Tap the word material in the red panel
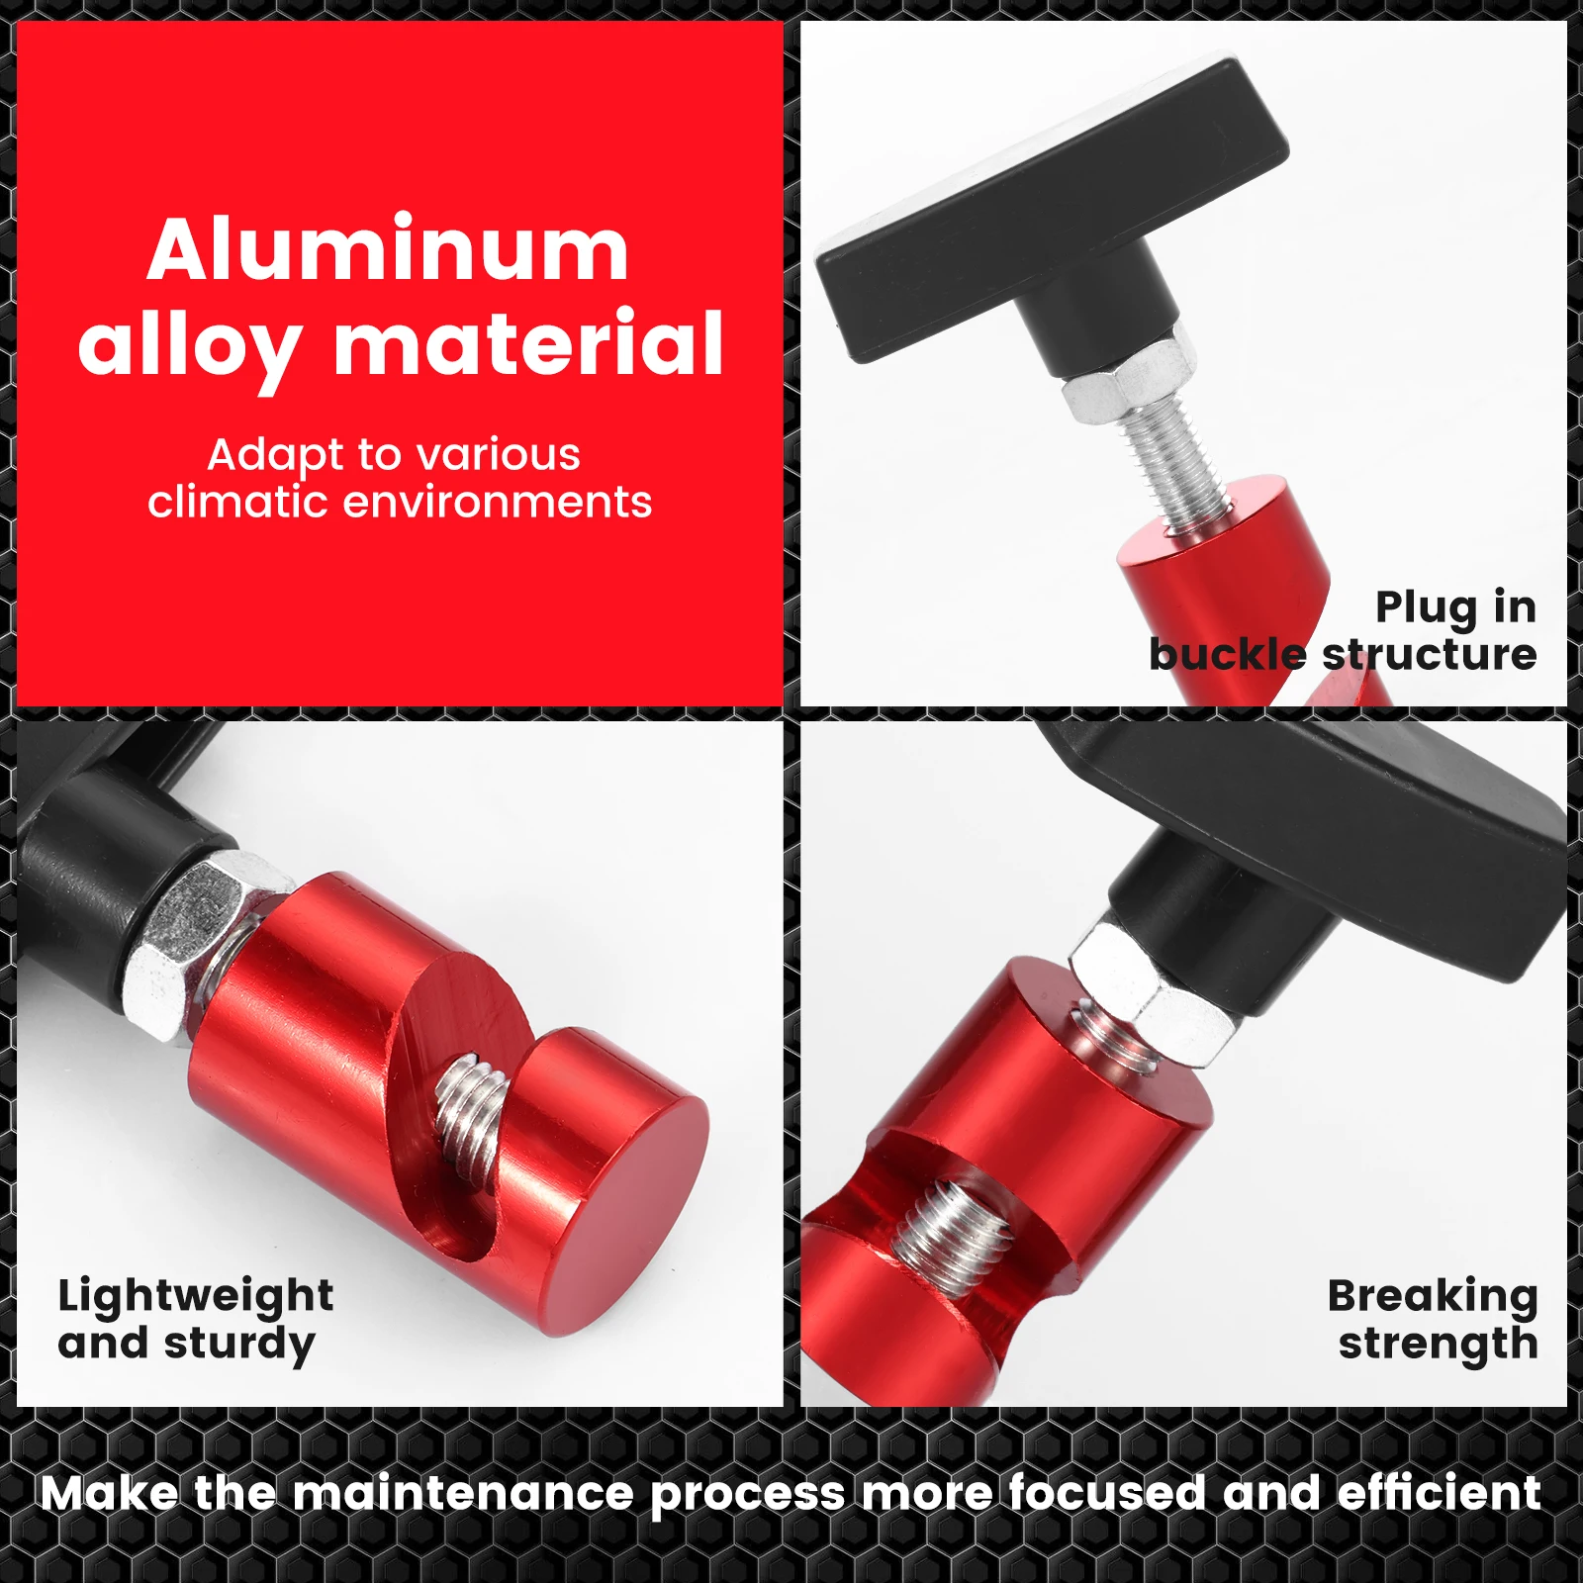[x=528, y=344]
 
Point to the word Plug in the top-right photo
[x=1426, y=607]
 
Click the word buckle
[x=1227, y=655]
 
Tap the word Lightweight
[x=196, y=1295]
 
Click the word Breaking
[x=1433, y=1295]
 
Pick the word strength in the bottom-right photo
[x=1438, y=1344]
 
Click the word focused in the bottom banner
[x=1106, y=1492]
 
